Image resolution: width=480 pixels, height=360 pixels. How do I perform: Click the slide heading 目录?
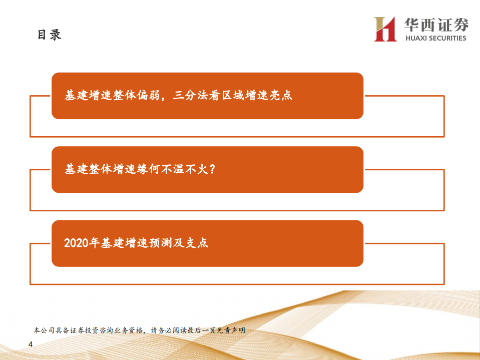pyautogui.click(x=49, y=35)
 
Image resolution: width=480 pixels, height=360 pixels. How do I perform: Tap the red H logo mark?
pyautogui.click(x=385, y=29)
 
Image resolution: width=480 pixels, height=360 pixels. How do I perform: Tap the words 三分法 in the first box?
pyautogui.click(x=189, y=96)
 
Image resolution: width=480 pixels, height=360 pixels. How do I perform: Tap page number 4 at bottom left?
pyautogui.click(x=31, y=344)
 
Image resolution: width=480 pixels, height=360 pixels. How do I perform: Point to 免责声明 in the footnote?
pyautogui.click(x=232, y=330)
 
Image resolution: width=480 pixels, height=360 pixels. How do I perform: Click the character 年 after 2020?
pyautogui.click(x=94, y=243)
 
